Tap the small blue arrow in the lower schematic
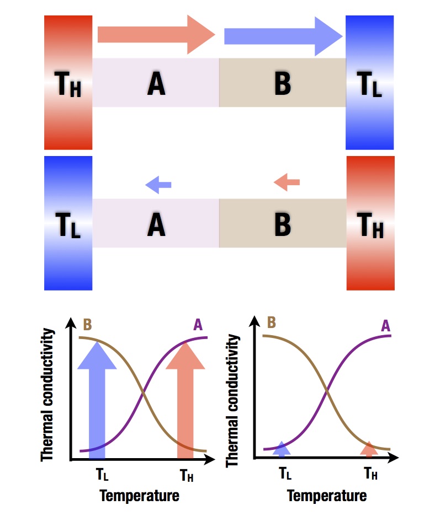[x=158, y=185]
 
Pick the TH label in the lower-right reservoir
[x=370, y=225]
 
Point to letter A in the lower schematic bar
[x=156, y=225]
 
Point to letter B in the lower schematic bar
[x=282, y=225]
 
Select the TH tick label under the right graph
[x=371, y=472]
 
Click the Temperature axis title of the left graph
[x=140, y=495]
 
